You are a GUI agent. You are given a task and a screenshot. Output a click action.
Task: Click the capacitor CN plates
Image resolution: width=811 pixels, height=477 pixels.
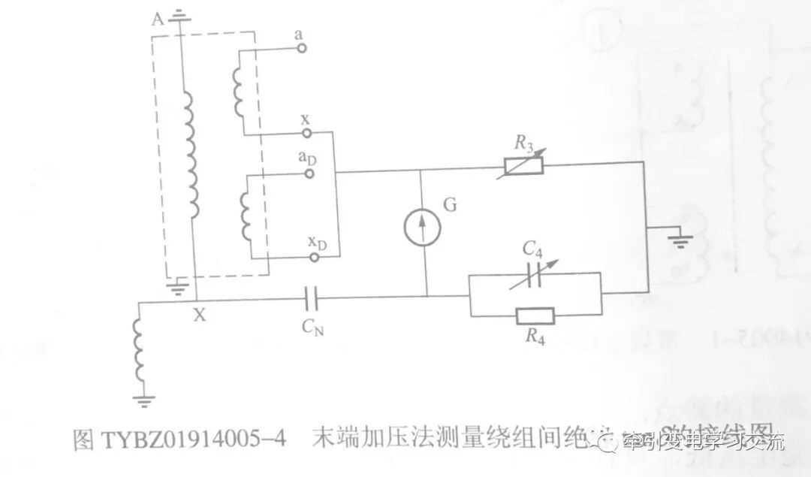[311, 298]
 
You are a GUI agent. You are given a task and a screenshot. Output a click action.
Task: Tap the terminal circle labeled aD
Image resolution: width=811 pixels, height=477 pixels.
[309, 174]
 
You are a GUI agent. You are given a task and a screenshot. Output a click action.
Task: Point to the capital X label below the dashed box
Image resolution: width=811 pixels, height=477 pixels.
[199, 316]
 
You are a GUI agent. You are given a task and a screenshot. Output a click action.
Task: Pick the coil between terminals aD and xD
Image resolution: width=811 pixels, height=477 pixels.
[244, 213]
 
